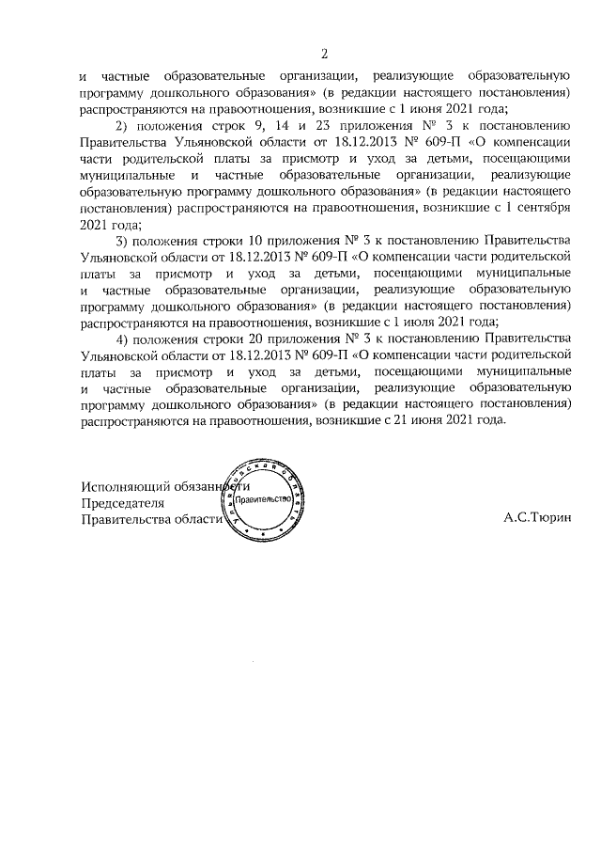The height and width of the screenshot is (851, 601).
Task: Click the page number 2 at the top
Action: coord(324,53)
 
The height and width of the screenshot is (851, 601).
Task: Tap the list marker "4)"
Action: coord(122,339)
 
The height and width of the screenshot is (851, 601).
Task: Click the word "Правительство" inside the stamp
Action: coord(266,499)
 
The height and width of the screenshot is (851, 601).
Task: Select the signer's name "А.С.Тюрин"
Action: coord(536,518)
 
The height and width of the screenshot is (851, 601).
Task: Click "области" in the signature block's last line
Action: coord(193,518)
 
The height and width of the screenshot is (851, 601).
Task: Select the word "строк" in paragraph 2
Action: coord(237,125)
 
